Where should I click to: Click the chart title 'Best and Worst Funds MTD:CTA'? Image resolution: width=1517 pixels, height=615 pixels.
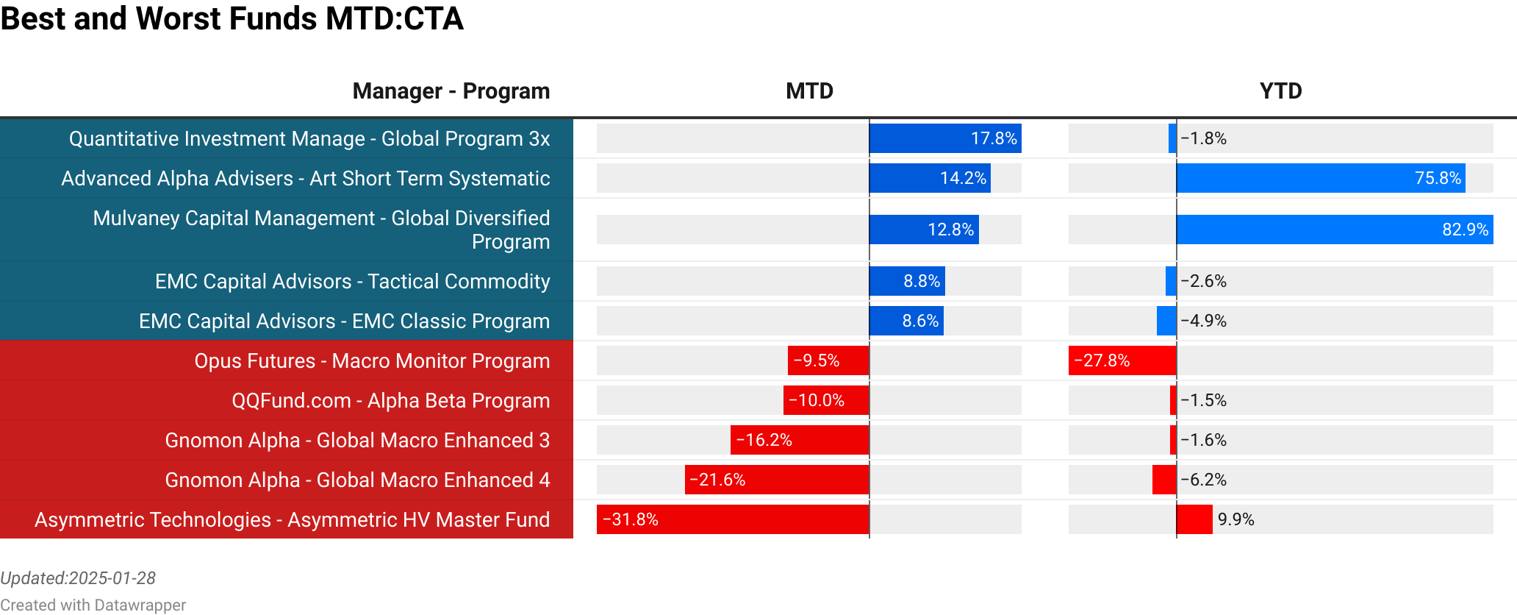[232, 18]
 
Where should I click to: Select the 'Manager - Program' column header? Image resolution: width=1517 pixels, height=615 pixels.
[451, 91]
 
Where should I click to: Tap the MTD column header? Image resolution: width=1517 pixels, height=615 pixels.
[809, 91]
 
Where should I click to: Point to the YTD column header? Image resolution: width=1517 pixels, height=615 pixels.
[1280, 91]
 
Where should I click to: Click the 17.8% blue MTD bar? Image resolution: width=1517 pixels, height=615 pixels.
[944, 138]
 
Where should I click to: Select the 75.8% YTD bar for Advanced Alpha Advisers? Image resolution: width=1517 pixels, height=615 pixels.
[1320, 178]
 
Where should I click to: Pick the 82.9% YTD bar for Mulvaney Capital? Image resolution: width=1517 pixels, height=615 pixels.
[1334, 230]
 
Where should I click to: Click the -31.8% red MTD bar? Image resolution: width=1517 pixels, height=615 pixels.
[732, 519]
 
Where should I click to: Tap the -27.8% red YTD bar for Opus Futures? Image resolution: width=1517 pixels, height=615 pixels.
[1122, 360]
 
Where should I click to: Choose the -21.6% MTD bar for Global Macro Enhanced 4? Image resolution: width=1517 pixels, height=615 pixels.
[776, 480]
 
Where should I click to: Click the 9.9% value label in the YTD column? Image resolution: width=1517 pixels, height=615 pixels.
[1236, 519]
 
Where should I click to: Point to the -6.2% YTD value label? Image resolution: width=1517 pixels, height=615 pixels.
[1203, 480]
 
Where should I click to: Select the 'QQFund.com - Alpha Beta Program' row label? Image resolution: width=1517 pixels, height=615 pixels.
[390, 400]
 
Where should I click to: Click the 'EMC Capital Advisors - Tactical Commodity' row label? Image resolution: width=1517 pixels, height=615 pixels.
[352, 281]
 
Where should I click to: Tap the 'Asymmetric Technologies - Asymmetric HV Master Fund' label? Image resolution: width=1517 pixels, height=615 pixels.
[292, 519]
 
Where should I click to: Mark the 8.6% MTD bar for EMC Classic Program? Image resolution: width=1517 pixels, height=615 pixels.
[906, 321]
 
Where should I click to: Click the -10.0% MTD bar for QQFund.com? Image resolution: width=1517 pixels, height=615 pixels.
[826, 400]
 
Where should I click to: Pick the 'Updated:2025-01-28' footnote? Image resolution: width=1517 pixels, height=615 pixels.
[78, 578]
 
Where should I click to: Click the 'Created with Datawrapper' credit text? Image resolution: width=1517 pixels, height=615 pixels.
[93, 605]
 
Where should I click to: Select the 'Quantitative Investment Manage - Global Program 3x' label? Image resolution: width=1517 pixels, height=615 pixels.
[309, 138]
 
